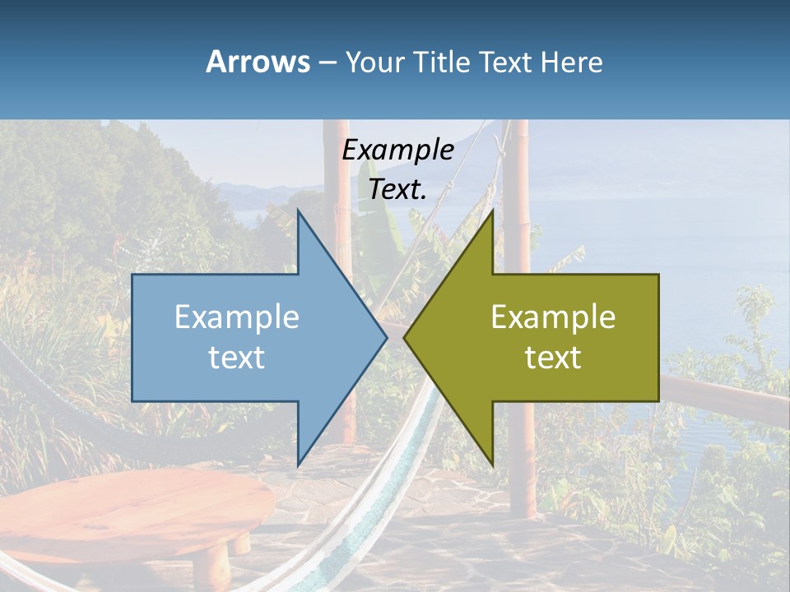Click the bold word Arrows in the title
258,62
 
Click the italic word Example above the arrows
397,150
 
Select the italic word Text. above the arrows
397,189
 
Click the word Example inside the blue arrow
237,317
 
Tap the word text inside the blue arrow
237,358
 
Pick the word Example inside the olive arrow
553,317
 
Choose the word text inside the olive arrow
553,358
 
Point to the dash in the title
326,62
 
